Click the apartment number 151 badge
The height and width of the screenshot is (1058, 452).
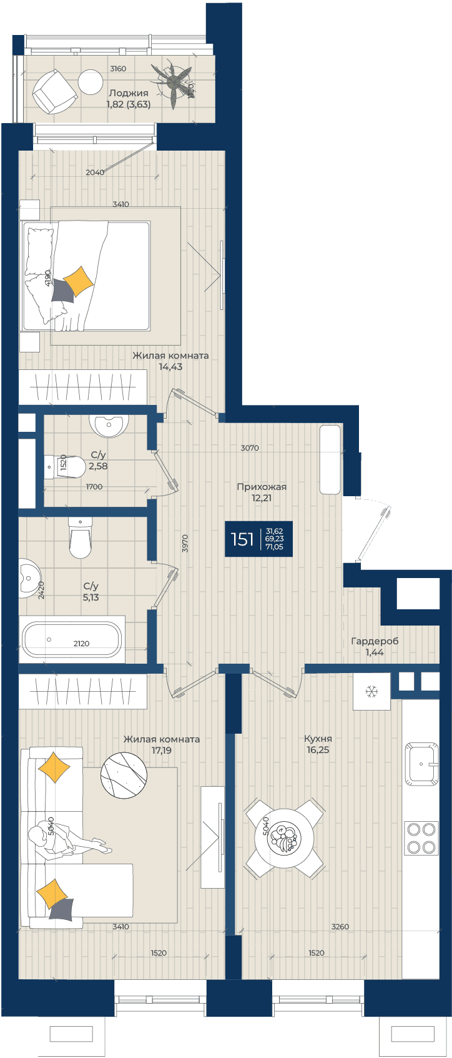coord(258,539)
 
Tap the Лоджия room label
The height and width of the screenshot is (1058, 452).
coord(129,93)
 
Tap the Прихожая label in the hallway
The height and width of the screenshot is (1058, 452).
coord(262,486)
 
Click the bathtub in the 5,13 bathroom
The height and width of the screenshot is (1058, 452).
coord(72,639)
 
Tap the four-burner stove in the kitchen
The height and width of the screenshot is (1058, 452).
coord(421,837)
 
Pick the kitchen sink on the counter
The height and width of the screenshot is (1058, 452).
coord(421,764)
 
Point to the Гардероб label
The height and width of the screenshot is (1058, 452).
coord(375,641)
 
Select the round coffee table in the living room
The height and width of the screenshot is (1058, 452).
coord(124,775)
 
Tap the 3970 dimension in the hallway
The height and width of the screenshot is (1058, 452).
coord(184,543)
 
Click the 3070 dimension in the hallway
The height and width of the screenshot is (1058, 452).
coord(250,448)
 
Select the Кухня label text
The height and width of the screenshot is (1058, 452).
coord(318,738)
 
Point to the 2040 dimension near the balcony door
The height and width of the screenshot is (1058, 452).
coord(95,172)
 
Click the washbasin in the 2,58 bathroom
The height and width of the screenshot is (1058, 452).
coord(109,425)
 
